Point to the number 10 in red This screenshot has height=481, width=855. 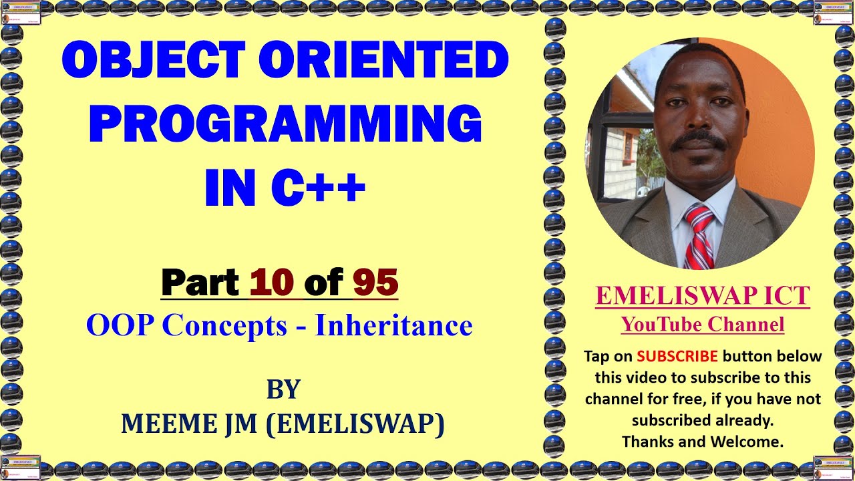272,282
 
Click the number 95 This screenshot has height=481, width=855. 375,282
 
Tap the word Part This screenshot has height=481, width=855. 200,282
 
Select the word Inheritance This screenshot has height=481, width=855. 393,325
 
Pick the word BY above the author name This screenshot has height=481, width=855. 283,389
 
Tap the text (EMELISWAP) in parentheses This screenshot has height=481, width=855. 355,424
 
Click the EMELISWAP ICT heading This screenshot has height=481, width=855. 702,296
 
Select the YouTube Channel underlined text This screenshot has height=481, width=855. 702,325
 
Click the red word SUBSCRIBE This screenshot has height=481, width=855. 677,356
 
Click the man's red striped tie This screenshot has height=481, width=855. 698,237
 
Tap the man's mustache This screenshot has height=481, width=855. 699,141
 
